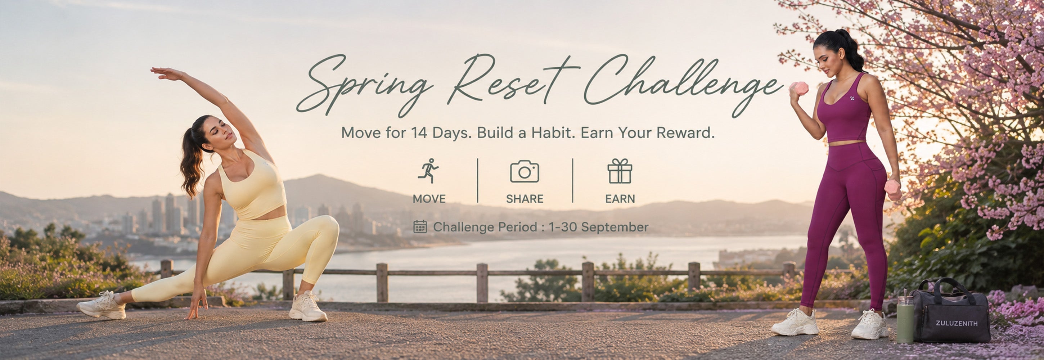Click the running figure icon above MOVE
point(428,171)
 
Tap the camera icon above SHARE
point(525,171)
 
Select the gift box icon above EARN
point(620,171)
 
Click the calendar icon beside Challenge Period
point(420,227)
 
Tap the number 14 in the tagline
point(419,132)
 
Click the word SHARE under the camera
point(525,199)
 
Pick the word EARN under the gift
point(620,199)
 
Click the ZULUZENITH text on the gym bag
point(957,323)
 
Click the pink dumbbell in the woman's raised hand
point(800,88)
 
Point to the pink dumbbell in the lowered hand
point(893,190)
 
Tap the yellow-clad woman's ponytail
point(191,162)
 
